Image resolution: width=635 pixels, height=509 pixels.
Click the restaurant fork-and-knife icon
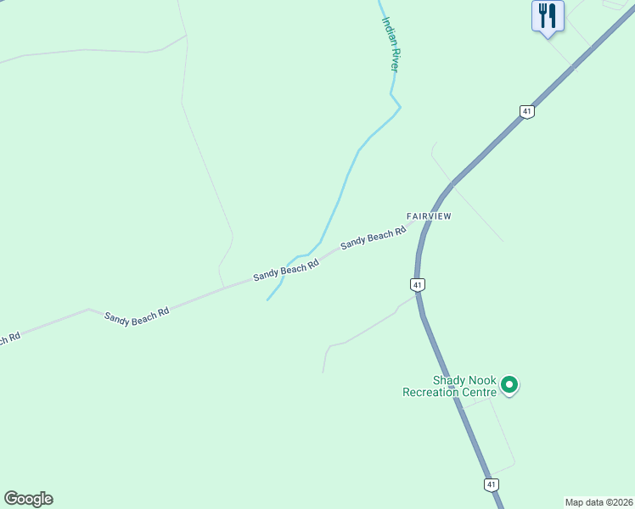pyautogui.click(x=548, y=15)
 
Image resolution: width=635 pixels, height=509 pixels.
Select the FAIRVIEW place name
pyautogui.click(x=429, y=216)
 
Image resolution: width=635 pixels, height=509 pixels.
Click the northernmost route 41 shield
pyautogui.click(x=527, y=111)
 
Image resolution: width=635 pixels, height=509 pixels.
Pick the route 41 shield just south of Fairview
pyautogui.click(x=417, y=284)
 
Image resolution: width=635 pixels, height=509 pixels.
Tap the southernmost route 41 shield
pyautogui.click(x=491, y=484)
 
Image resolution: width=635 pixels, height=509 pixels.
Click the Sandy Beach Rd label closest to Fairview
pyautogui.click(x=374, y=238)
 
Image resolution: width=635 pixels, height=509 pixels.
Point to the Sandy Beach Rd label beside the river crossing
pyautogui.click(x=286, y=271)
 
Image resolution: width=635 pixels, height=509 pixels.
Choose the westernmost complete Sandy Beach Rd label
pyautogui.click(x=137, y=314)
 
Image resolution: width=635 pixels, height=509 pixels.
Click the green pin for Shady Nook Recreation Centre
pyautogui.click(x=509, y=385)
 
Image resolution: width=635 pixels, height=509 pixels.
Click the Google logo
pyautogui.click(x=28, y=498)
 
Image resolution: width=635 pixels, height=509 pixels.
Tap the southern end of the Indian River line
pyautogui.click(x=267, y=299)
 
